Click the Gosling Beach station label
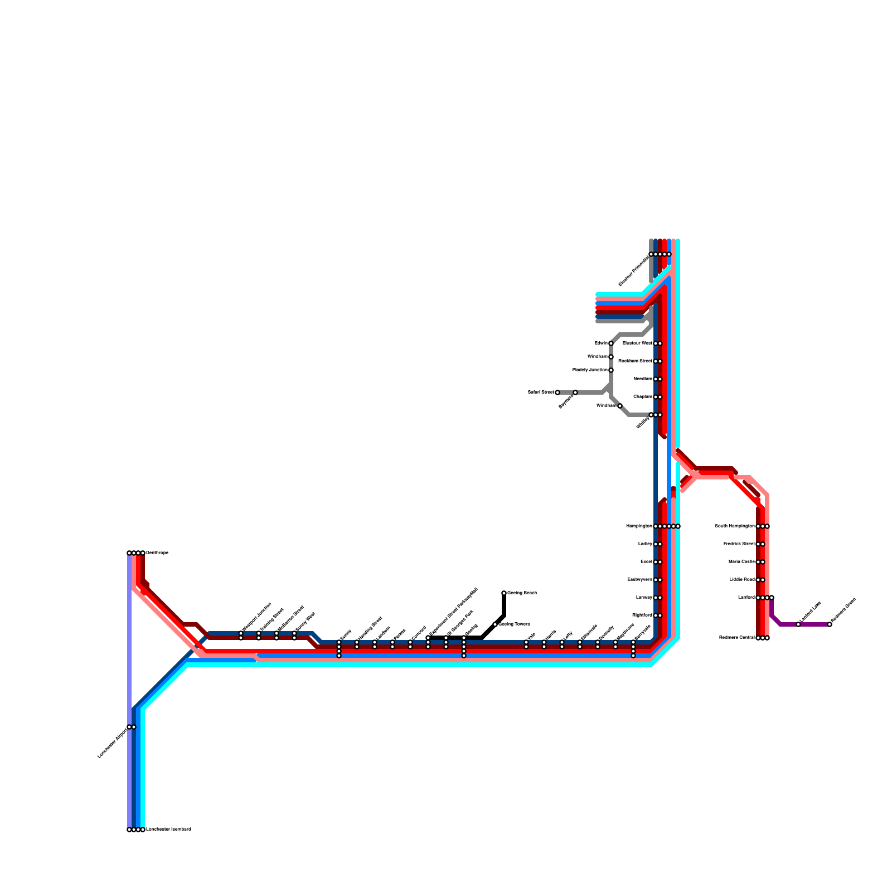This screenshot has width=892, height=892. (522, 593)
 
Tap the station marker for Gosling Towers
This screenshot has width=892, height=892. (495, 624)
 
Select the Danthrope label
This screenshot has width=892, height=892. (157, 553)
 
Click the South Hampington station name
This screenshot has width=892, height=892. (734, 526)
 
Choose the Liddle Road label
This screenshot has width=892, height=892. (741, 580)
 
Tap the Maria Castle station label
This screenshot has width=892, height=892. (741, 562)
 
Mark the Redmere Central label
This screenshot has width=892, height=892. (736, 638)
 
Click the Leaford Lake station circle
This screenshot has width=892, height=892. (798, 624)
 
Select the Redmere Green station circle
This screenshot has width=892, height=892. (830, 624)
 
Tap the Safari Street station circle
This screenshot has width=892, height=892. (557, 392)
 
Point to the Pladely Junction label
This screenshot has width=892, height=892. (590, 370)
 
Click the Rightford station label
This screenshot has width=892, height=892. (642, 615)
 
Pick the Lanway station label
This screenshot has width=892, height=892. (643, 598)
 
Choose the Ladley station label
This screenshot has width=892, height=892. (644, 544)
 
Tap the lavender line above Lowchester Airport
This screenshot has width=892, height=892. (129, 641)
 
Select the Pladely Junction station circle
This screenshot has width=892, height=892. (611, 370)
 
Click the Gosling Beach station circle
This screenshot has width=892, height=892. (504, 593)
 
